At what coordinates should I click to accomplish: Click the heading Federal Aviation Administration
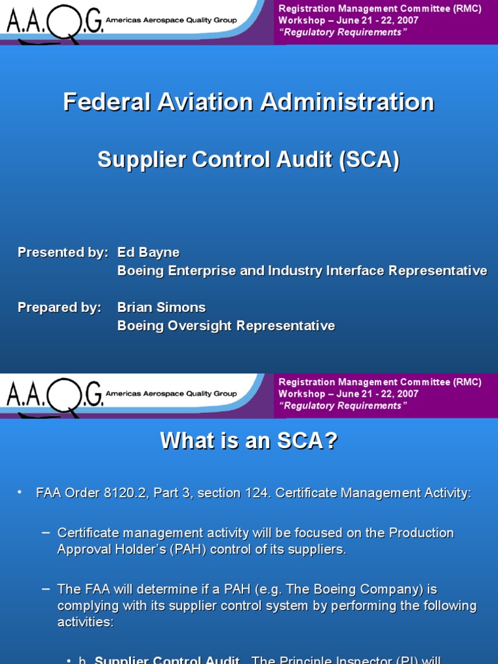tap(248, 102)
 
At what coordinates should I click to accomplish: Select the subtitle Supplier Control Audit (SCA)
tap(248, 160)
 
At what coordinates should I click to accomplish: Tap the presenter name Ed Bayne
tap(148, 252)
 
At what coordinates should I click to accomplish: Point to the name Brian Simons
tap(161, 307)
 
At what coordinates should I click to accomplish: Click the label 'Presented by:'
tap(63, 252)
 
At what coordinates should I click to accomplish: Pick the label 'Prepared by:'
tap(60, 307)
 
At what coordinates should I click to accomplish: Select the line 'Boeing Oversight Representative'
tap(226, 326)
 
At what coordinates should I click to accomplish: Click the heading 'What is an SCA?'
tap(248, 441)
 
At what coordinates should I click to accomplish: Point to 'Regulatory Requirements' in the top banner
tap(342, 32)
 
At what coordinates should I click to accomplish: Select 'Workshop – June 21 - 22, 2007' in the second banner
tap(348, 394)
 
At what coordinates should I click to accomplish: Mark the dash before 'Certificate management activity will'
tap(45, 532)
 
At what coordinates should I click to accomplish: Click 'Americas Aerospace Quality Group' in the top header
tap(171, 21)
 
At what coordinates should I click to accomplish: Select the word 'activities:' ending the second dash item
tap(84, 622)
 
